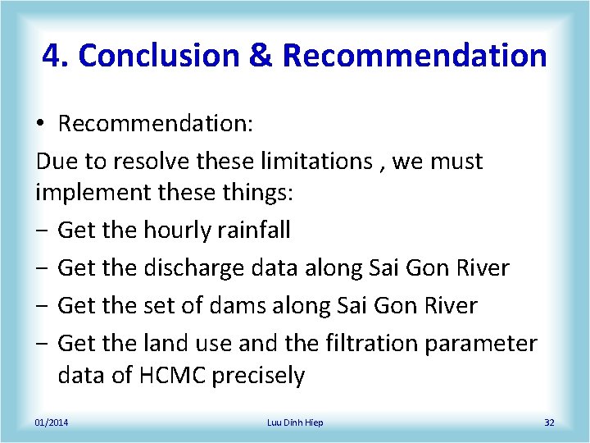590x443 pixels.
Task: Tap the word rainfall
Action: (x=256, y=231)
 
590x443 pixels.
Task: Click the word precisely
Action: (x=258, y=377)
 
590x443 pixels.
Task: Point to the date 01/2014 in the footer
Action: (x=52, y=422)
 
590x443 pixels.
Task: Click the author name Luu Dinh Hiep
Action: (x=295, y=422)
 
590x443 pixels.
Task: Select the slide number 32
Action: (x=549, y=422)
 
